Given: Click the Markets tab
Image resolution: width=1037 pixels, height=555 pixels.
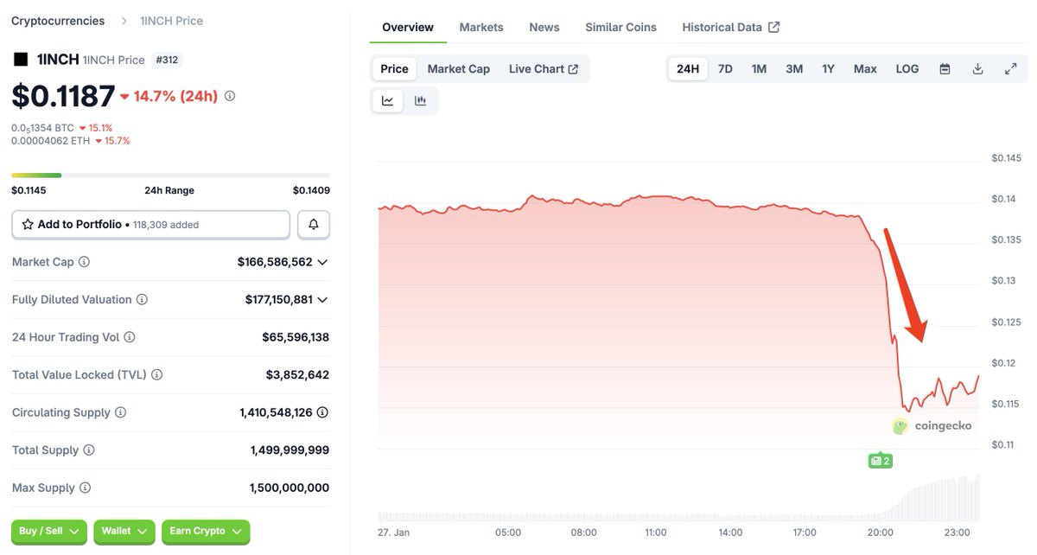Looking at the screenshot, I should click(481, 27).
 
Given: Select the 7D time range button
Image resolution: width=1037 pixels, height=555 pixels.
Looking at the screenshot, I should click(725, 68).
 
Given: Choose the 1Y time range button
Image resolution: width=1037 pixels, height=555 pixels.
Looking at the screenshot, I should click(828, 68).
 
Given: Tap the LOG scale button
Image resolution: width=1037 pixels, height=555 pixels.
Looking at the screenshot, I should click(907, 68).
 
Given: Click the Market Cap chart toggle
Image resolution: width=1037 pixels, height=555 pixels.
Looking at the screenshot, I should click(458, 68).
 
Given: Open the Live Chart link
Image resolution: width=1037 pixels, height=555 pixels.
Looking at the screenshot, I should click(543, 68).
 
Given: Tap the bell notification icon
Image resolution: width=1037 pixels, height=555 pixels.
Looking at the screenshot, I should click(314, 224).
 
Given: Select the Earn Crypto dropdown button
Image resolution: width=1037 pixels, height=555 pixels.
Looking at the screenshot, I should click(206, 531).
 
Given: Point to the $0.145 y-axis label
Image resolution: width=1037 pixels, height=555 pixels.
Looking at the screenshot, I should click(1006, 158).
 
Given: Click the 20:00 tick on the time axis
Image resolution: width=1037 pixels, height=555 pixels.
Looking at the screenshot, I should click(881, 533).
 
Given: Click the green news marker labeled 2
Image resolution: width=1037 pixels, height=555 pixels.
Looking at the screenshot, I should click(880, 461).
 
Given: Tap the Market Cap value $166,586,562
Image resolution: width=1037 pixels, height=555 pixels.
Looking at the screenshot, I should click(275, 261).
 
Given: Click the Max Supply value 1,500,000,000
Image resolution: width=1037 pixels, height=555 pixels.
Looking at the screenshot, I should click(289, 488).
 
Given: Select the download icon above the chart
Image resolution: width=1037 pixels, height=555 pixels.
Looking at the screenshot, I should click(977, 68).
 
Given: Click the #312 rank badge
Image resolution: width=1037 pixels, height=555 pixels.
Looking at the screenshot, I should click(167, 60).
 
